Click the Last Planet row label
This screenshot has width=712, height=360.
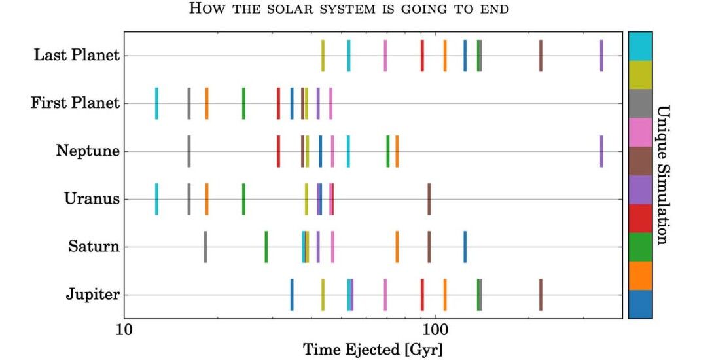coord(77,56)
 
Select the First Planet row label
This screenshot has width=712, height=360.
coord(75,103)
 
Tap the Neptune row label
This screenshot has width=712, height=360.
coord(88,151)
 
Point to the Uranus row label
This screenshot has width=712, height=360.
coord(92,199)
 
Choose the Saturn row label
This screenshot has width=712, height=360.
coord(94,247)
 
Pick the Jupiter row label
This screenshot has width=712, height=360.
coord(92,295)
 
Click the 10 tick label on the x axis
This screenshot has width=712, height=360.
coord(124,331)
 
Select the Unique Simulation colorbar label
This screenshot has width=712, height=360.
coord(662,175)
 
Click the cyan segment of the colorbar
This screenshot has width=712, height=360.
coord(640,46)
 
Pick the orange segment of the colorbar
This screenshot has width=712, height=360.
coord(640,276)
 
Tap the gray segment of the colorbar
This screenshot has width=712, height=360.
coord(640,103)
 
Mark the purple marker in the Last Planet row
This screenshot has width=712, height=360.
coord(601,56)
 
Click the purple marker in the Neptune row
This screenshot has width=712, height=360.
coord(601,151)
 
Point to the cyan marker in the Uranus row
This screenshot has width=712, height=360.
coord(156,199)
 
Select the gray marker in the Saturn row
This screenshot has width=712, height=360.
coord(205,247)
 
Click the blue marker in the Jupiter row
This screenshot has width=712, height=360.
coord(292,295)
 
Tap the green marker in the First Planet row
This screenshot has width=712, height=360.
coord(243,103)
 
